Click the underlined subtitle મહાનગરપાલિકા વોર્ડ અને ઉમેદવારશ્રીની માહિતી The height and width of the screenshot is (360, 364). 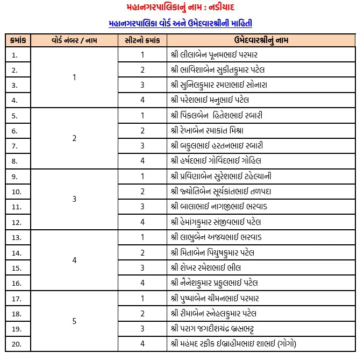click(181, 24)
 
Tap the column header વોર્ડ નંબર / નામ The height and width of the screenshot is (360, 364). click(75, 40)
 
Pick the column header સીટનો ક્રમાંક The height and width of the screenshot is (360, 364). click(142, 40)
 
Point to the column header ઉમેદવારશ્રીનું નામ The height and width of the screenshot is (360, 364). click(261, 40)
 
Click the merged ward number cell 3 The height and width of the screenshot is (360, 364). click(75, 199)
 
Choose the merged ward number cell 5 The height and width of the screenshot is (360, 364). click(75, 321)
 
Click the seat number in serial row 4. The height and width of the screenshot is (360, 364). click(142, 100)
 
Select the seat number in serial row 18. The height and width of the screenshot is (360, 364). click(142, 313)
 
